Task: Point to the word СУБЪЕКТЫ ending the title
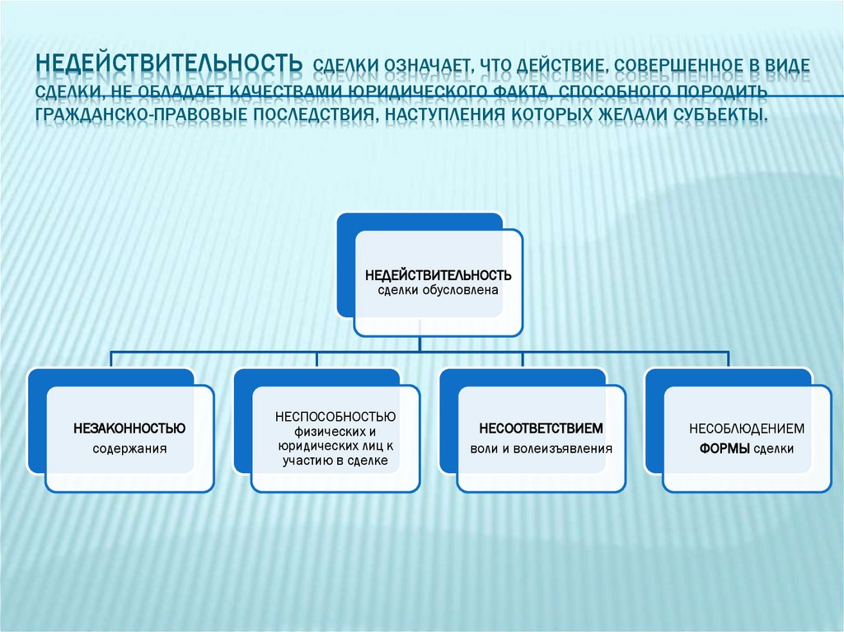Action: click(718, 111)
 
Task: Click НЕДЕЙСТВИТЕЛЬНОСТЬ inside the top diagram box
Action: click(438, 274)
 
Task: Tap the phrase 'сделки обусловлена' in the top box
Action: click(438, 290)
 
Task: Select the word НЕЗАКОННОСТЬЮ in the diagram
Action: click(129, 428)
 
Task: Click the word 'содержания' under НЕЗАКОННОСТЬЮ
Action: click(129, 450)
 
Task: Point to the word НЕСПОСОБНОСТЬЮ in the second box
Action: click(335, 416)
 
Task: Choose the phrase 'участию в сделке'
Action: click(335, 461)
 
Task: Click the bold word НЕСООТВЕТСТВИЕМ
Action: click(542, 429)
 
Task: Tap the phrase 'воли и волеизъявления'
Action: click(542, 450)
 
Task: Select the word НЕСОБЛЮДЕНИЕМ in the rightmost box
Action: click(747, 429)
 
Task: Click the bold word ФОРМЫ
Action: click(724, 450)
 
